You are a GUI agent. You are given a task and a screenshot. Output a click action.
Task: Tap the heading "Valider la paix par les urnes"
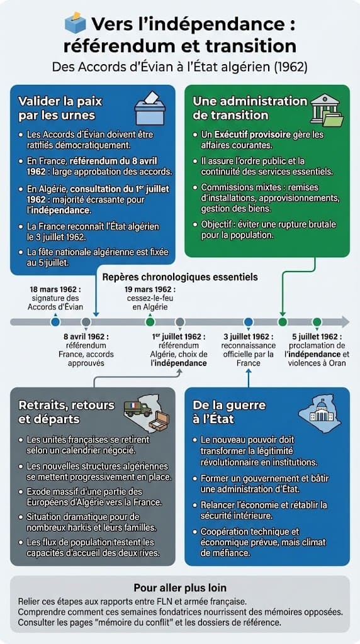point(60,108)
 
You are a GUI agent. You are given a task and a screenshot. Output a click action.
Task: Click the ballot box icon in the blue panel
point(149,108)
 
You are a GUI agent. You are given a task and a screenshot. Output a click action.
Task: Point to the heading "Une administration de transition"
point(250,108)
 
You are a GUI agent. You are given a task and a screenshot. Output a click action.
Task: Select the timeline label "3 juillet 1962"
point(248,336)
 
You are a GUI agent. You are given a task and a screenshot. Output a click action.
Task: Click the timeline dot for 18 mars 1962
point(55,322)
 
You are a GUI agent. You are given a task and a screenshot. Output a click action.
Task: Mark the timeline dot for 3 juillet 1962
point(248,322)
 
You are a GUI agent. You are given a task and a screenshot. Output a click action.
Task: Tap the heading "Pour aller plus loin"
point(179,589)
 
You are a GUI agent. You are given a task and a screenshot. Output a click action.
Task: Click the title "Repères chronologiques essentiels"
point(179,277)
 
